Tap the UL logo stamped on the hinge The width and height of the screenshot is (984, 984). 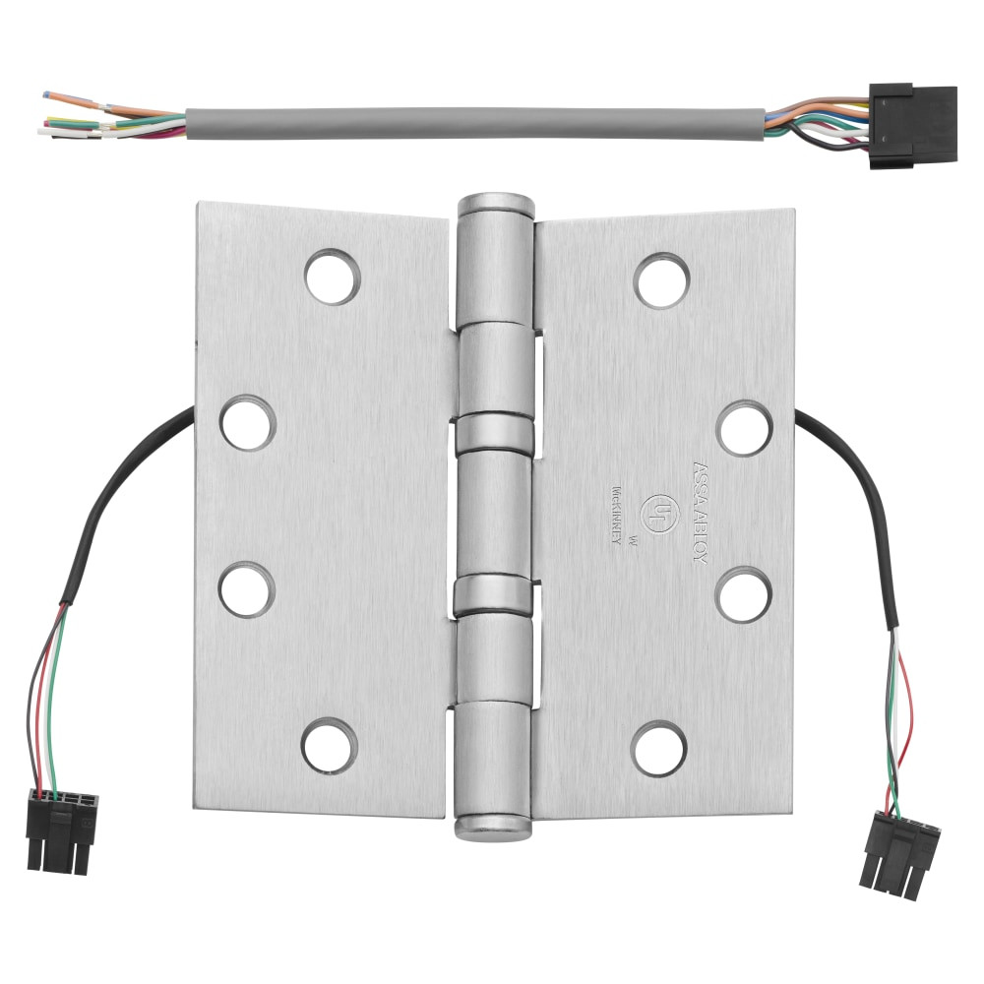[x=655, y=510]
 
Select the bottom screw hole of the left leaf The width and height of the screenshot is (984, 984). [x=329, y=745]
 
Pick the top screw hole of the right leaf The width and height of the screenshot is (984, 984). [x=661, y=279]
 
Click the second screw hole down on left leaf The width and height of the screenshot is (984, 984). [x=247, y=423]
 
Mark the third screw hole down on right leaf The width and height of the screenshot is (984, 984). [x=743, y=594]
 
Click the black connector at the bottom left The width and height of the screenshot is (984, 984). [x=63, y=829]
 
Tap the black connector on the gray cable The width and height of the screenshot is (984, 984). [x=912, y=124]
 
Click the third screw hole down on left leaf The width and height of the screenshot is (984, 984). [x=246, y=590]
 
